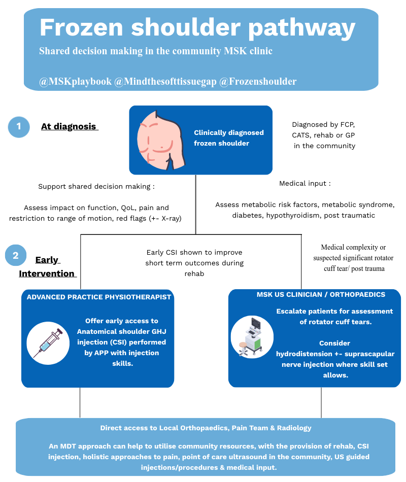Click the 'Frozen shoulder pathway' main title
pyautogui.click(x=197, y=28)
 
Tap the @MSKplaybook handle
pyautogui.click(x=75, y=81)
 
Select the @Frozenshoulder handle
pyautogui.click(x=258, y=81)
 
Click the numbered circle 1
pyautogui.click(x=19, y=126)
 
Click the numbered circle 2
pyautogui.click(x=16, y=255)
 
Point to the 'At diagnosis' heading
pyautogui.click(x=69, y=126)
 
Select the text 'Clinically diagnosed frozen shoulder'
pyautogui.click(x=229, y=138)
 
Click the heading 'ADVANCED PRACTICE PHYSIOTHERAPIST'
pyautogui.click(x=99, y=297)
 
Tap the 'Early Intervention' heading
pyautogui.click(x=47, y=267)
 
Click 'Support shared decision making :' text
pyautogui.click(x=96, y=186)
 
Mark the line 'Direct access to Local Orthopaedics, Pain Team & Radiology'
pyautogui.click(x=206, y=428)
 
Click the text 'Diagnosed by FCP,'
pyautogui.click(x=323, y=124)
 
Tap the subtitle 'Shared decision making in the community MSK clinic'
pyautogui.click(x=156, y=51)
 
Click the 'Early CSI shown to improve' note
pyautogui.click(x=194, y=252)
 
